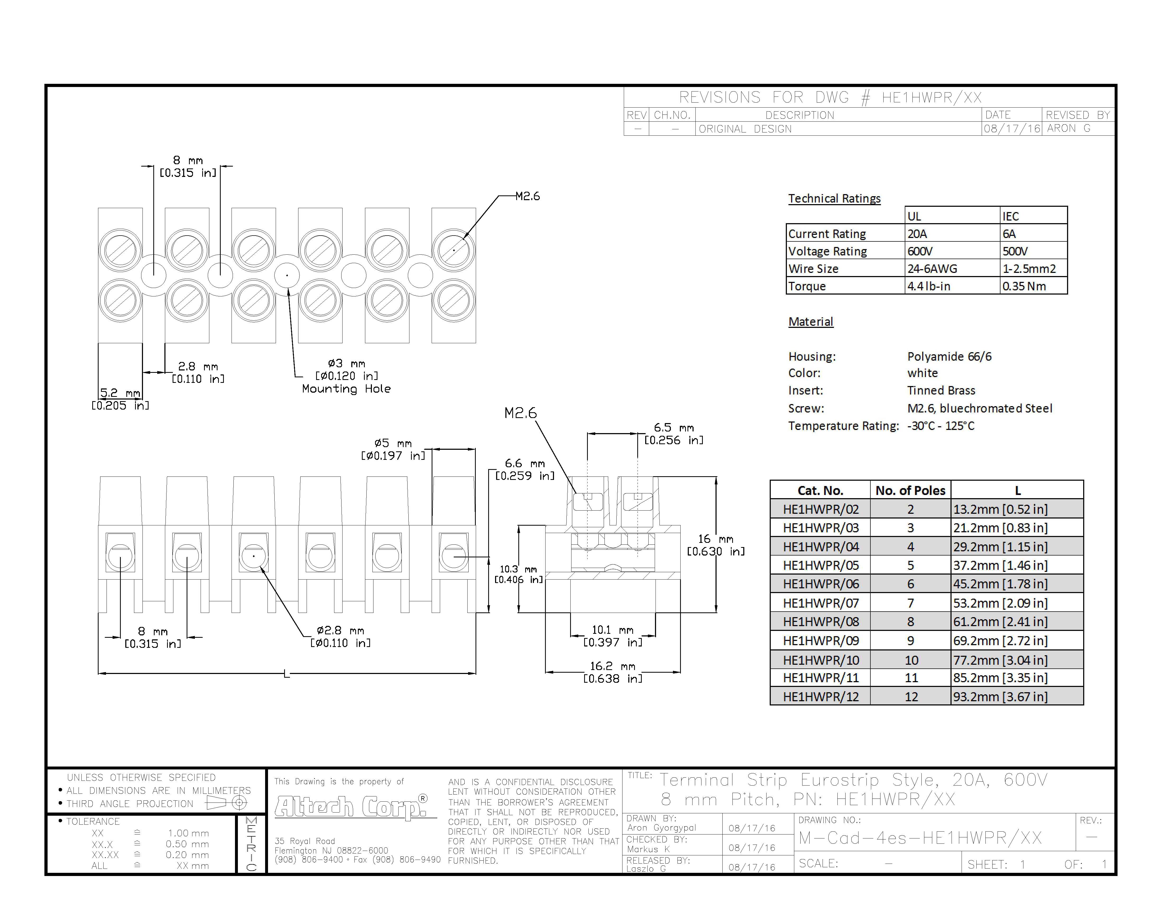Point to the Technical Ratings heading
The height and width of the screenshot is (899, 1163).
click(834, 199)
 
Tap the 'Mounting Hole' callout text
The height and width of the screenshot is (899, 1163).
click(346, 389)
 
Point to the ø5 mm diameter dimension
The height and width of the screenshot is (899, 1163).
click(393, 449)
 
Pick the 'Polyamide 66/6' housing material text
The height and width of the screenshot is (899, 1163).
click(949, 356)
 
